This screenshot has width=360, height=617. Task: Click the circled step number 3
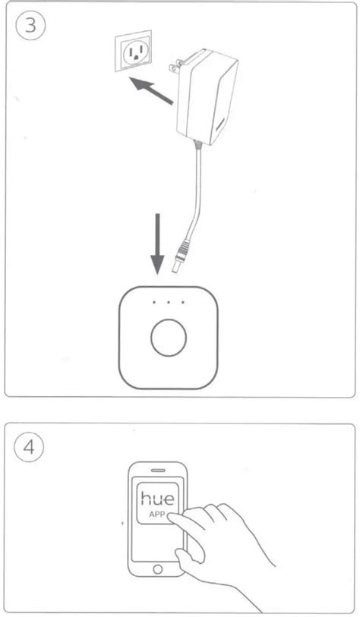(x=30, y=26)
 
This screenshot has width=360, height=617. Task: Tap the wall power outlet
(x=133, y=50)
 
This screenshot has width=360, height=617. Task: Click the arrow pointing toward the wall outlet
(x=151, y=90)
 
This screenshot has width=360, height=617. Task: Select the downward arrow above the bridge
(x=157, y=244)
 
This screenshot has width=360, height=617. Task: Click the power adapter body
(x=207, y=96)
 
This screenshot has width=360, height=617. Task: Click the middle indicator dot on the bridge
(x=168, y=303)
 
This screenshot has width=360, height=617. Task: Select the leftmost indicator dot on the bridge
(x=154, y=303)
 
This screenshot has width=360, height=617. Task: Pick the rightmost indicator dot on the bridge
(x=183, y=303)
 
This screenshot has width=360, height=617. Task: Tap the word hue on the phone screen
(x=157, y=499)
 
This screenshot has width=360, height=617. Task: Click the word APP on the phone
(x=156, y=515)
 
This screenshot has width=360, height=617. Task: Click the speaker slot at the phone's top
(x=157, y=471)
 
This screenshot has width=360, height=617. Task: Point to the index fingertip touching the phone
(x=171, y=518)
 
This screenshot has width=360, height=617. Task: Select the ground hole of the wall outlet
(x=136, y=57)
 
